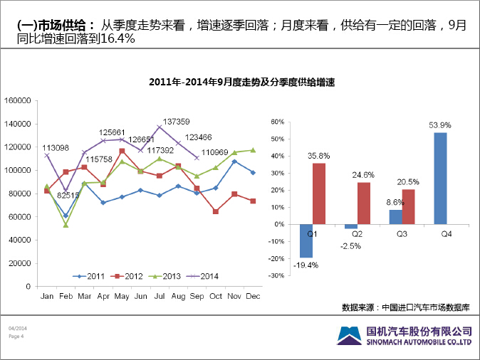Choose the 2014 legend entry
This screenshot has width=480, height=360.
(x=206, y=276)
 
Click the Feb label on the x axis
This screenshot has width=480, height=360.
(x=66, y=295)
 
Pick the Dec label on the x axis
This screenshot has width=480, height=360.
(x=252, y=295)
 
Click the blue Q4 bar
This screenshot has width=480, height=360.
(x=440, y=178)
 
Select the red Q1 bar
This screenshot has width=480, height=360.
(x=318, y=194)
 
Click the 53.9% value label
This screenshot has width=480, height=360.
(x=439, y=125)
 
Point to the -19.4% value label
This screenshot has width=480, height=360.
(x=306, y=265)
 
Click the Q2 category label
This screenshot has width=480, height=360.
(x=356, y=233)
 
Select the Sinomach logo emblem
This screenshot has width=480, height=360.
(x=348, y=335)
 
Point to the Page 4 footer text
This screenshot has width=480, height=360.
(x=16, y=337)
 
